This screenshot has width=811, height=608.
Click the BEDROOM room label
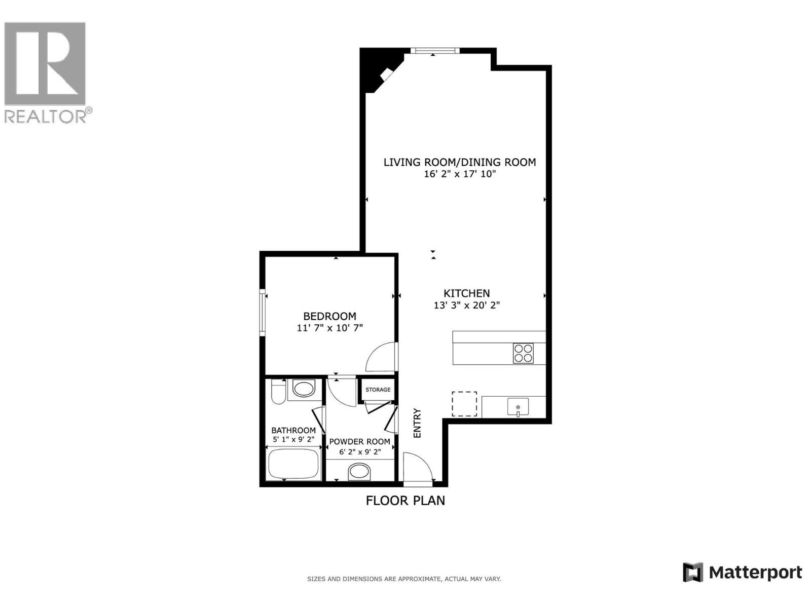point(329,316)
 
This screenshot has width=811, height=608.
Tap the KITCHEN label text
point(466,293)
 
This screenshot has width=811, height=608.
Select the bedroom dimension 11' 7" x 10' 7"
point(329,328)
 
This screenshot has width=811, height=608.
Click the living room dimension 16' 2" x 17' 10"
point(459,174)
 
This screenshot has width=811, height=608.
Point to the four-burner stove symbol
point(523,353)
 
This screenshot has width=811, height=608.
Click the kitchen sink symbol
point(518,407)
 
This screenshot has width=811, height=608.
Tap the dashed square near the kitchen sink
point(464,404)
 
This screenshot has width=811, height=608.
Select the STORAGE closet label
point(378,390)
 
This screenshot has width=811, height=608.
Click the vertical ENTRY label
point(417,423)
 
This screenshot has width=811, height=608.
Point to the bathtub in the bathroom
point(293,464)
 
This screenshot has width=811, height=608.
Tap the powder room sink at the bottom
point(359,472)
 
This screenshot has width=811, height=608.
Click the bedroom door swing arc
point(380,358)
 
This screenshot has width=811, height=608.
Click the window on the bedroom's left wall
point(263,312)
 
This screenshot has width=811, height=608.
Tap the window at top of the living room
point(434,50)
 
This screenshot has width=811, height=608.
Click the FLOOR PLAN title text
point(405,501)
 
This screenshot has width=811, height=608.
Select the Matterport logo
point(742,573)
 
